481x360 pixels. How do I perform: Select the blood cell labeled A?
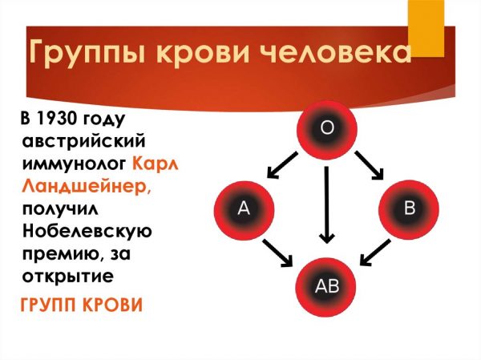[x=244, y=211]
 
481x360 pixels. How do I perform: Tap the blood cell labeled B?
[x=409, y=211]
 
